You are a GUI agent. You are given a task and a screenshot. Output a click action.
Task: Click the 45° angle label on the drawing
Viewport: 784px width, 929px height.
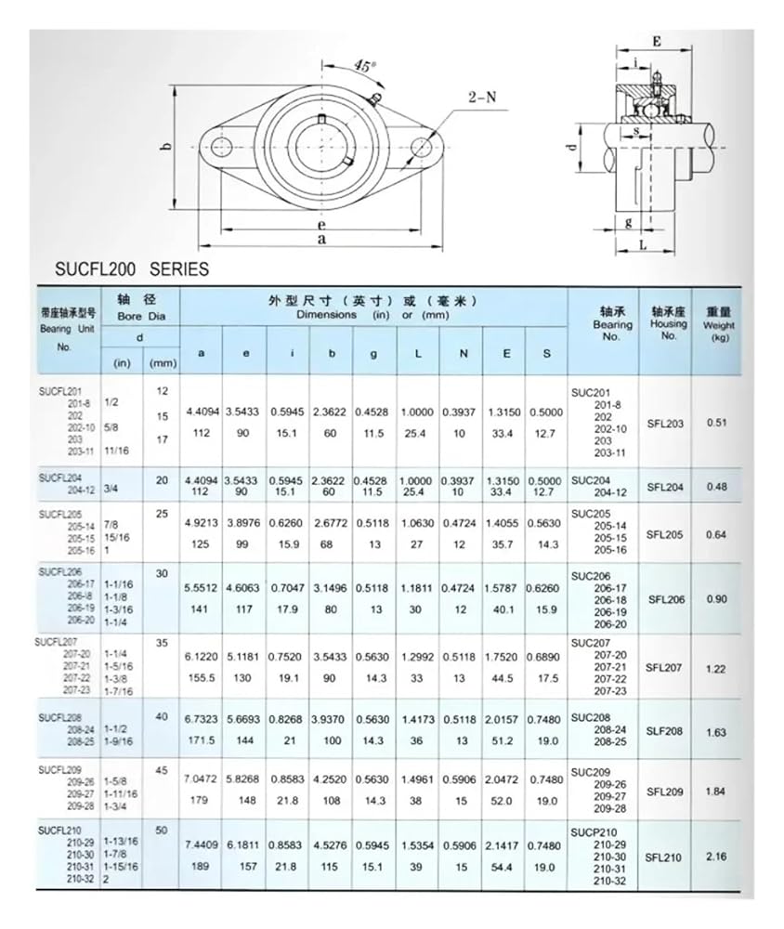pyautogui.click(x=365, y=66)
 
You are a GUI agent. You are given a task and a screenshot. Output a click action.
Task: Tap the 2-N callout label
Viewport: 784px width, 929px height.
pyautogui.click(x=483, y=96)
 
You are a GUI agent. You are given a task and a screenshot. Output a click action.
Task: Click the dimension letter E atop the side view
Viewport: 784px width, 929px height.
pyautogui.click(x=656, y=42)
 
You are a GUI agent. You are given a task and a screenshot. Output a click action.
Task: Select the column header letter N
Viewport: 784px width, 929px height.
pyautogui.click(x=462, y=354)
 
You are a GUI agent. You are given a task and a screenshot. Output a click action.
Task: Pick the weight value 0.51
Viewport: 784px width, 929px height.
pyautogui.click(x=717, y=424)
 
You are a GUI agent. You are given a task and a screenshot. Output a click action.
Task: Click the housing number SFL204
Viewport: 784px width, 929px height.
pyautogui.click(x=665, y=486)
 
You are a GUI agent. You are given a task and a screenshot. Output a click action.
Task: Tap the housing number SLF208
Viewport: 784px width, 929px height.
pyautogui.click(x=665, y=731)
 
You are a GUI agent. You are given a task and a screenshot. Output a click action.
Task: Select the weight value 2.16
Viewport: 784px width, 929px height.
pyautogui.click(x=717, y=857)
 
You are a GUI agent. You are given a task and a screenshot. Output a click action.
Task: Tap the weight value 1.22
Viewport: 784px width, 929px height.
pyautogui.click(x=717, y=667)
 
